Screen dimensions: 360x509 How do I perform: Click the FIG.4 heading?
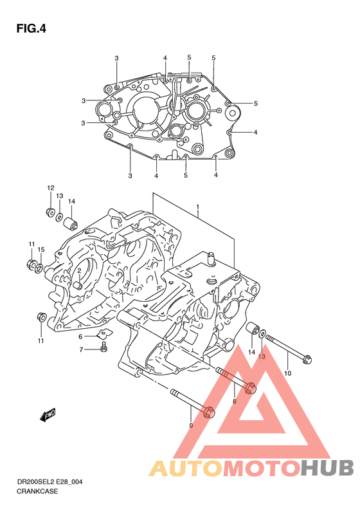tap(31, 28)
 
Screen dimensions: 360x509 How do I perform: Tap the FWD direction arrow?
tap(48, 414)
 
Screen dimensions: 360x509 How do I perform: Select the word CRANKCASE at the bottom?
tap(37, 491)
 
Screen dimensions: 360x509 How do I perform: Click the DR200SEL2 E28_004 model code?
tap(50, 482)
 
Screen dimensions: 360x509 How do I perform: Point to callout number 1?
tap(197, 207)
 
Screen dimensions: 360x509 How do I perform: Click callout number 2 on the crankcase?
tap(79, 270)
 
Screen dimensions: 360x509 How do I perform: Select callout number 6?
tap(80, 337)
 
